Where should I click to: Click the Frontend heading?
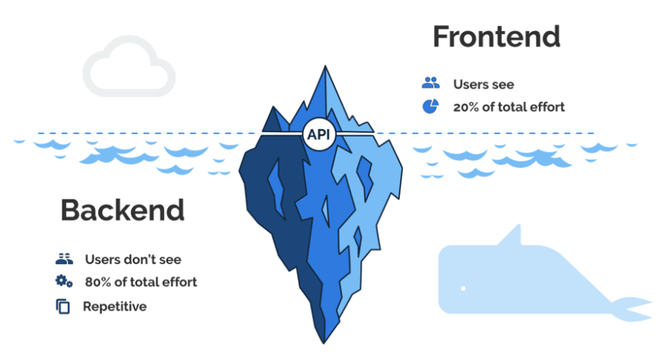[x=496, y=36]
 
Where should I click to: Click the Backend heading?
[x=122, y=210]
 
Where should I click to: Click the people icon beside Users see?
[x=431, y=84]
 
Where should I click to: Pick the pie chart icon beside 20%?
[x=430, y=106]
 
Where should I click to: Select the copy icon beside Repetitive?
[x=63, y=307]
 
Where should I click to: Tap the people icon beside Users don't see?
[x=64, y=259]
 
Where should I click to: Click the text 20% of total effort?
[x=509, y=107]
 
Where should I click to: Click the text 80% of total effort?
[x=141, y=282]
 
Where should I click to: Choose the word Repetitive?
[x=115, y=307]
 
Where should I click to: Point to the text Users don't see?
[x=133, y=259]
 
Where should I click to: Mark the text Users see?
[x=484, y=84]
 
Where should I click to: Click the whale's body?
[x=517, y=281]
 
